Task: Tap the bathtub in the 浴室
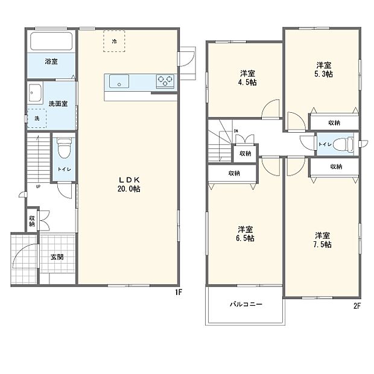tap(51, 42)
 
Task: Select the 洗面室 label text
tap(58, 103)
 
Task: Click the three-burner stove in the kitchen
tap(165, 80)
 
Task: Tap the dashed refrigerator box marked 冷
tap(114, 41)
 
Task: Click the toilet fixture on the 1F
tap(64, 147)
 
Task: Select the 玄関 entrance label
tap(57, 257)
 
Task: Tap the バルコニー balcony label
tap(246, 305)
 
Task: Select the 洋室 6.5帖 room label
tap(245, 233)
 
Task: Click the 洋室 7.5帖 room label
tap(322, 239)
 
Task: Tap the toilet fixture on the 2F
tap(343, 144)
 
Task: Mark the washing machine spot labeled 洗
tap(37, 118)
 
